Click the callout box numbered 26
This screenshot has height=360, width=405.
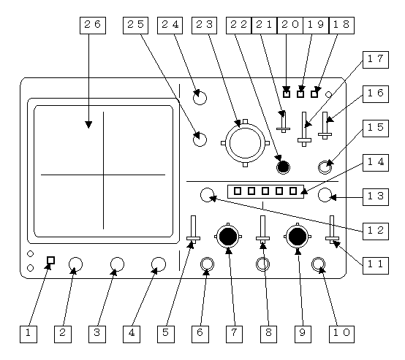coord(93,26)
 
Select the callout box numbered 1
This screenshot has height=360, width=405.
coord(29,334)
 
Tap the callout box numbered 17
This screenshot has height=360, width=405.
coord(376,60)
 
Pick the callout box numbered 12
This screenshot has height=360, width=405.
coord(376,231)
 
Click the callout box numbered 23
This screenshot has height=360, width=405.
coord(204,26)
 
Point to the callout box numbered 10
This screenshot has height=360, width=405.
coord(341,334)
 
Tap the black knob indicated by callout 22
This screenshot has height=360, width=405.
coord(284,167)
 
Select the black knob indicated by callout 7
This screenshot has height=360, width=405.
coord(228,237)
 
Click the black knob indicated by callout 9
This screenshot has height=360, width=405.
coord(298,237)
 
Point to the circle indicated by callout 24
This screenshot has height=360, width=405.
coord(200,98)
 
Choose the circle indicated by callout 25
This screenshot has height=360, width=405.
coord(200,139)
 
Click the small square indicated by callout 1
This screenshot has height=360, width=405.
coord(51,260)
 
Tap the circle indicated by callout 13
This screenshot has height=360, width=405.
coord(325,195)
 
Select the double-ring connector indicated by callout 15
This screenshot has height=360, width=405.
coord(325,167)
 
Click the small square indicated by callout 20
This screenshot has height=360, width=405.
coord(287,94)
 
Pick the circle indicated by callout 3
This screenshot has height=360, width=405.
coord(117,264)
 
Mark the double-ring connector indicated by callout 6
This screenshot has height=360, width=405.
coord(207,264)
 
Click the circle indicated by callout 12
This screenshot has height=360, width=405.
coord(207,195)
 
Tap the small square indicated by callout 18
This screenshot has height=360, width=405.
coord(314,94)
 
